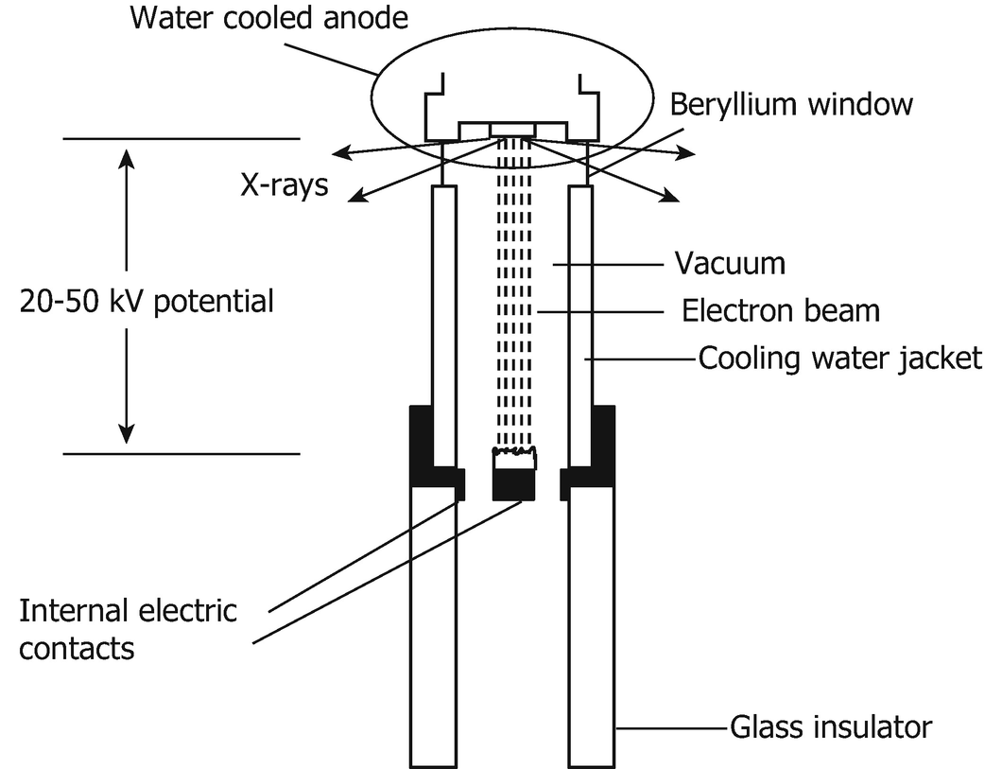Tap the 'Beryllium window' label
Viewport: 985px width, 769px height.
[791, 104]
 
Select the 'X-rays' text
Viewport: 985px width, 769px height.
[284, 184]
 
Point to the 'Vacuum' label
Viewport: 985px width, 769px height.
[729, 263]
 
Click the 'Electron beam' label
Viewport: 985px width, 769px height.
[780, 310]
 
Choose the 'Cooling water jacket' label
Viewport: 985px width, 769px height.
[840, 358]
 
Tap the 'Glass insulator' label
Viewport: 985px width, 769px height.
[830, 728]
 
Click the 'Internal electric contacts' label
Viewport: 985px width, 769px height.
[128, 629]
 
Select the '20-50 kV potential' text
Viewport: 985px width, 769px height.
[147, 302]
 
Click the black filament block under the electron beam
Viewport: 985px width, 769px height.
[514, 485]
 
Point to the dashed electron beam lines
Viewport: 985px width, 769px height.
[514, 303]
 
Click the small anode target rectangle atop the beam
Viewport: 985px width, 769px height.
[512, 128]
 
